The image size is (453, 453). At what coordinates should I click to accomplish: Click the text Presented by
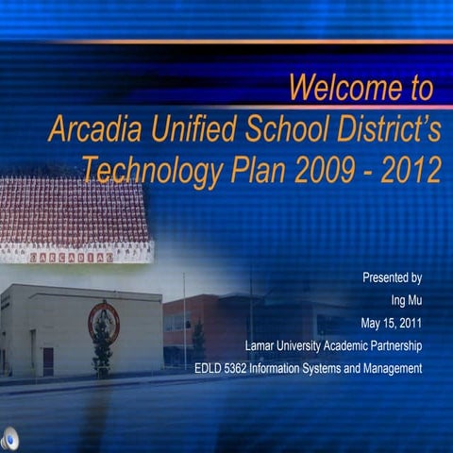point(392,278)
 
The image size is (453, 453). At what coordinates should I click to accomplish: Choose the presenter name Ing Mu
point(405,301)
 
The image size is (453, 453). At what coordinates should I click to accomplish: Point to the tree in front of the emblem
point(102,349)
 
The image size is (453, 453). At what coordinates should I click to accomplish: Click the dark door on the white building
point(48,361)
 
